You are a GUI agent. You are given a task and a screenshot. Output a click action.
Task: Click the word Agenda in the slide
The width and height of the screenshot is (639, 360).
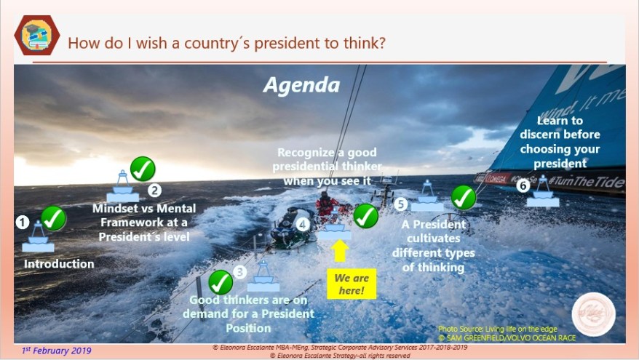point(301,85)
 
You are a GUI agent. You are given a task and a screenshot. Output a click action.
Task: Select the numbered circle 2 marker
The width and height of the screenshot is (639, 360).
point(154,191)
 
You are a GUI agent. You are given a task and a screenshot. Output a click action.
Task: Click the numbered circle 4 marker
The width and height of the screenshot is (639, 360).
point(303,225)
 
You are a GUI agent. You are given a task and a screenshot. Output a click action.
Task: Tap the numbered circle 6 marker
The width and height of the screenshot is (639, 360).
point(523,185)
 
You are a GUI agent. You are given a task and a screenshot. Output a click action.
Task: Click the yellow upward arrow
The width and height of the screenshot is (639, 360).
point(340,252)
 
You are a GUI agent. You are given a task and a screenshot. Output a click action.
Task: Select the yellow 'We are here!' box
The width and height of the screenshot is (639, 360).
point(352,284)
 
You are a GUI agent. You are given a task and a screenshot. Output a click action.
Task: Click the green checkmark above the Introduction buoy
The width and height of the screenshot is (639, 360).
point(53,217)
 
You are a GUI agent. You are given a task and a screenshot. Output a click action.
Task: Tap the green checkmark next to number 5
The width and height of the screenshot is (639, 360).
point(464,196)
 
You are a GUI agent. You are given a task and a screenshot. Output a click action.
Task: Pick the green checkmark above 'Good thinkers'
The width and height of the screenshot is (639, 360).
point(221,281)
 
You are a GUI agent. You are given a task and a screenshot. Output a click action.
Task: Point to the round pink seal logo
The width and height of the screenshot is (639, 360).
point(593,314)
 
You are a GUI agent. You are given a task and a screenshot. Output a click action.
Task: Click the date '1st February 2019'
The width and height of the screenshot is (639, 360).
point(57,351)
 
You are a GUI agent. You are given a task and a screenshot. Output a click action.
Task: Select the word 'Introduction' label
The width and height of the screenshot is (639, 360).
point(59,264)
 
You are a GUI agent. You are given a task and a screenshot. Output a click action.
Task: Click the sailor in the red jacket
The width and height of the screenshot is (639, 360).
point(327,204)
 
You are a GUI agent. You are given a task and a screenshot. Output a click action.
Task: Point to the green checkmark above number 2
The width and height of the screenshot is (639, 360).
point(142,169)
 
